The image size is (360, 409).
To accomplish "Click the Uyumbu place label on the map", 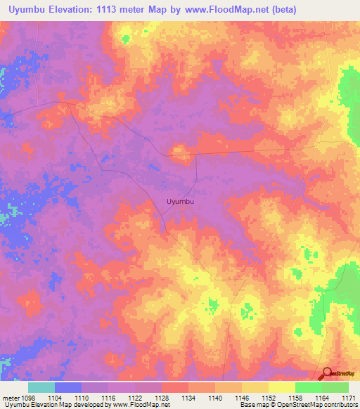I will click(x=181, y=202).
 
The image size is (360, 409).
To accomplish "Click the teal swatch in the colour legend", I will click(x=41, y=387).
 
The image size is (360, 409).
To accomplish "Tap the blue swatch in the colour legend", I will click(x=68, y=387).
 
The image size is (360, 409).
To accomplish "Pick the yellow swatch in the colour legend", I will click(x=282, y=387).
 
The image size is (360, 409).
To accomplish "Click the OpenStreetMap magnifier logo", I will click(x=327, y=373).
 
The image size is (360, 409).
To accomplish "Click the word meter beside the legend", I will click(x=11, y=397).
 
